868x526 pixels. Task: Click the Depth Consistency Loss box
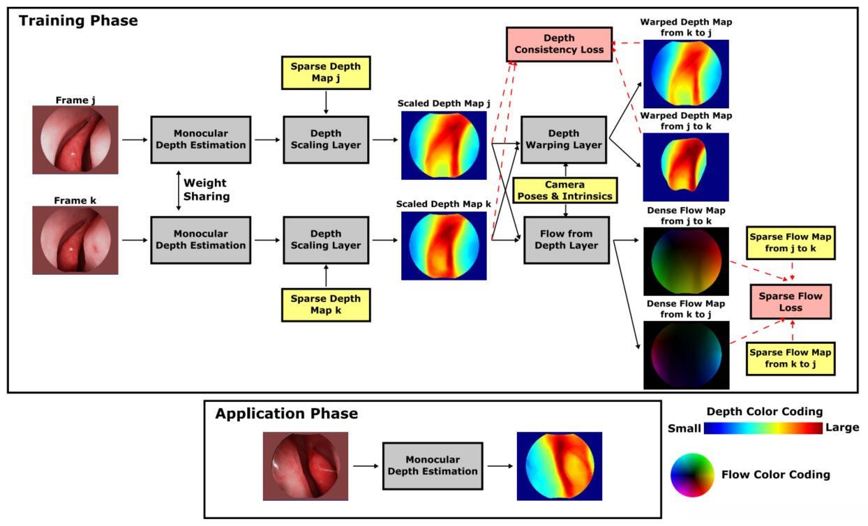[559, 44]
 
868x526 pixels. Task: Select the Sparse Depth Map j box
[326, 73]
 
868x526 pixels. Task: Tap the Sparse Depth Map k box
[326, 305]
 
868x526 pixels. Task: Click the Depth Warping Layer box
[564, 140]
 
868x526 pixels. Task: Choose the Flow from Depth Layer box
[567, 240]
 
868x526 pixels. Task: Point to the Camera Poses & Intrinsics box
[565, 190]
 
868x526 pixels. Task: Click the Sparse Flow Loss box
[791, 302]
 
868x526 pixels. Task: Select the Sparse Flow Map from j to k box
[791, 243]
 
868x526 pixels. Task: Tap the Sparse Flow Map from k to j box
[791, 359]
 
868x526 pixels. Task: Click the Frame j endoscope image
[75, 140]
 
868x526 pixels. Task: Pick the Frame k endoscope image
[75, 240]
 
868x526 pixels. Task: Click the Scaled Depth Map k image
[444, 246]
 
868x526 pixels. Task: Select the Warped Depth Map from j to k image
[686, 167]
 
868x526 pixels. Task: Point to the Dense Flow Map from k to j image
[687, 355]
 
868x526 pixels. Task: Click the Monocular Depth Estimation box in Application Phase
[433, 466]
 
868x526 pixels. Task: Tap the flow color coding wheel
[692, 475]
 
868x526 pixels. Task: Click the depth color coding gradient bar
[763, 428]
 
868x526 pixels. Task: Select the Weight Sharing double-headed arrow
[179, 190]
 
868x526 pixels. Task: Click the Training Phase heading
[78, 20]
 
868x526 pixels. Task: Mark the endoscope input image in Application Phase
[306, 466]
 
